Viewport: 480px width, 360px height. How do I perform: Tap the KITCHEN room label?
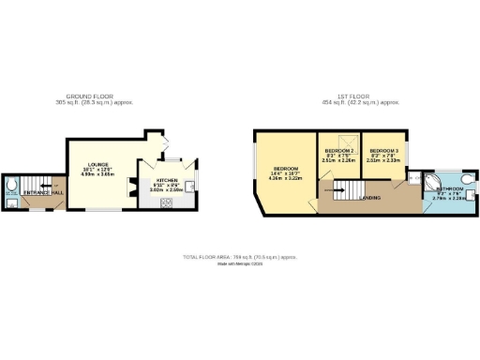coord(167,178)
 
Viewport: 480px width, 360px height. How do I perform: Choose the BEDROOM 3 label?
coord(383,151)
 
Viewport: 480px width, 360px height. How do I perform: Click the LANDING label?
coord(370,198)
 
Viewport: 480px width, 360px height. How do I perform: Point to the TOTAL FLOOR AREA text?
coord(240,256)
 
